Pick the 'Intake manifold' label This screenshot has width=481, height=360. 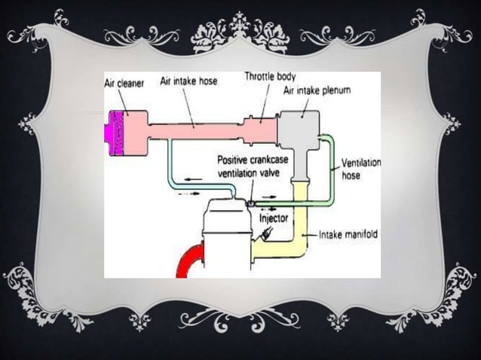point(349,235)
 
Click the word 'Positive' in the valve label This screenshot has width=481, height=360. point(237,160)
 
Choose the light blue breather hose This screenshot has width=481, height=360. point(169,169)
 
